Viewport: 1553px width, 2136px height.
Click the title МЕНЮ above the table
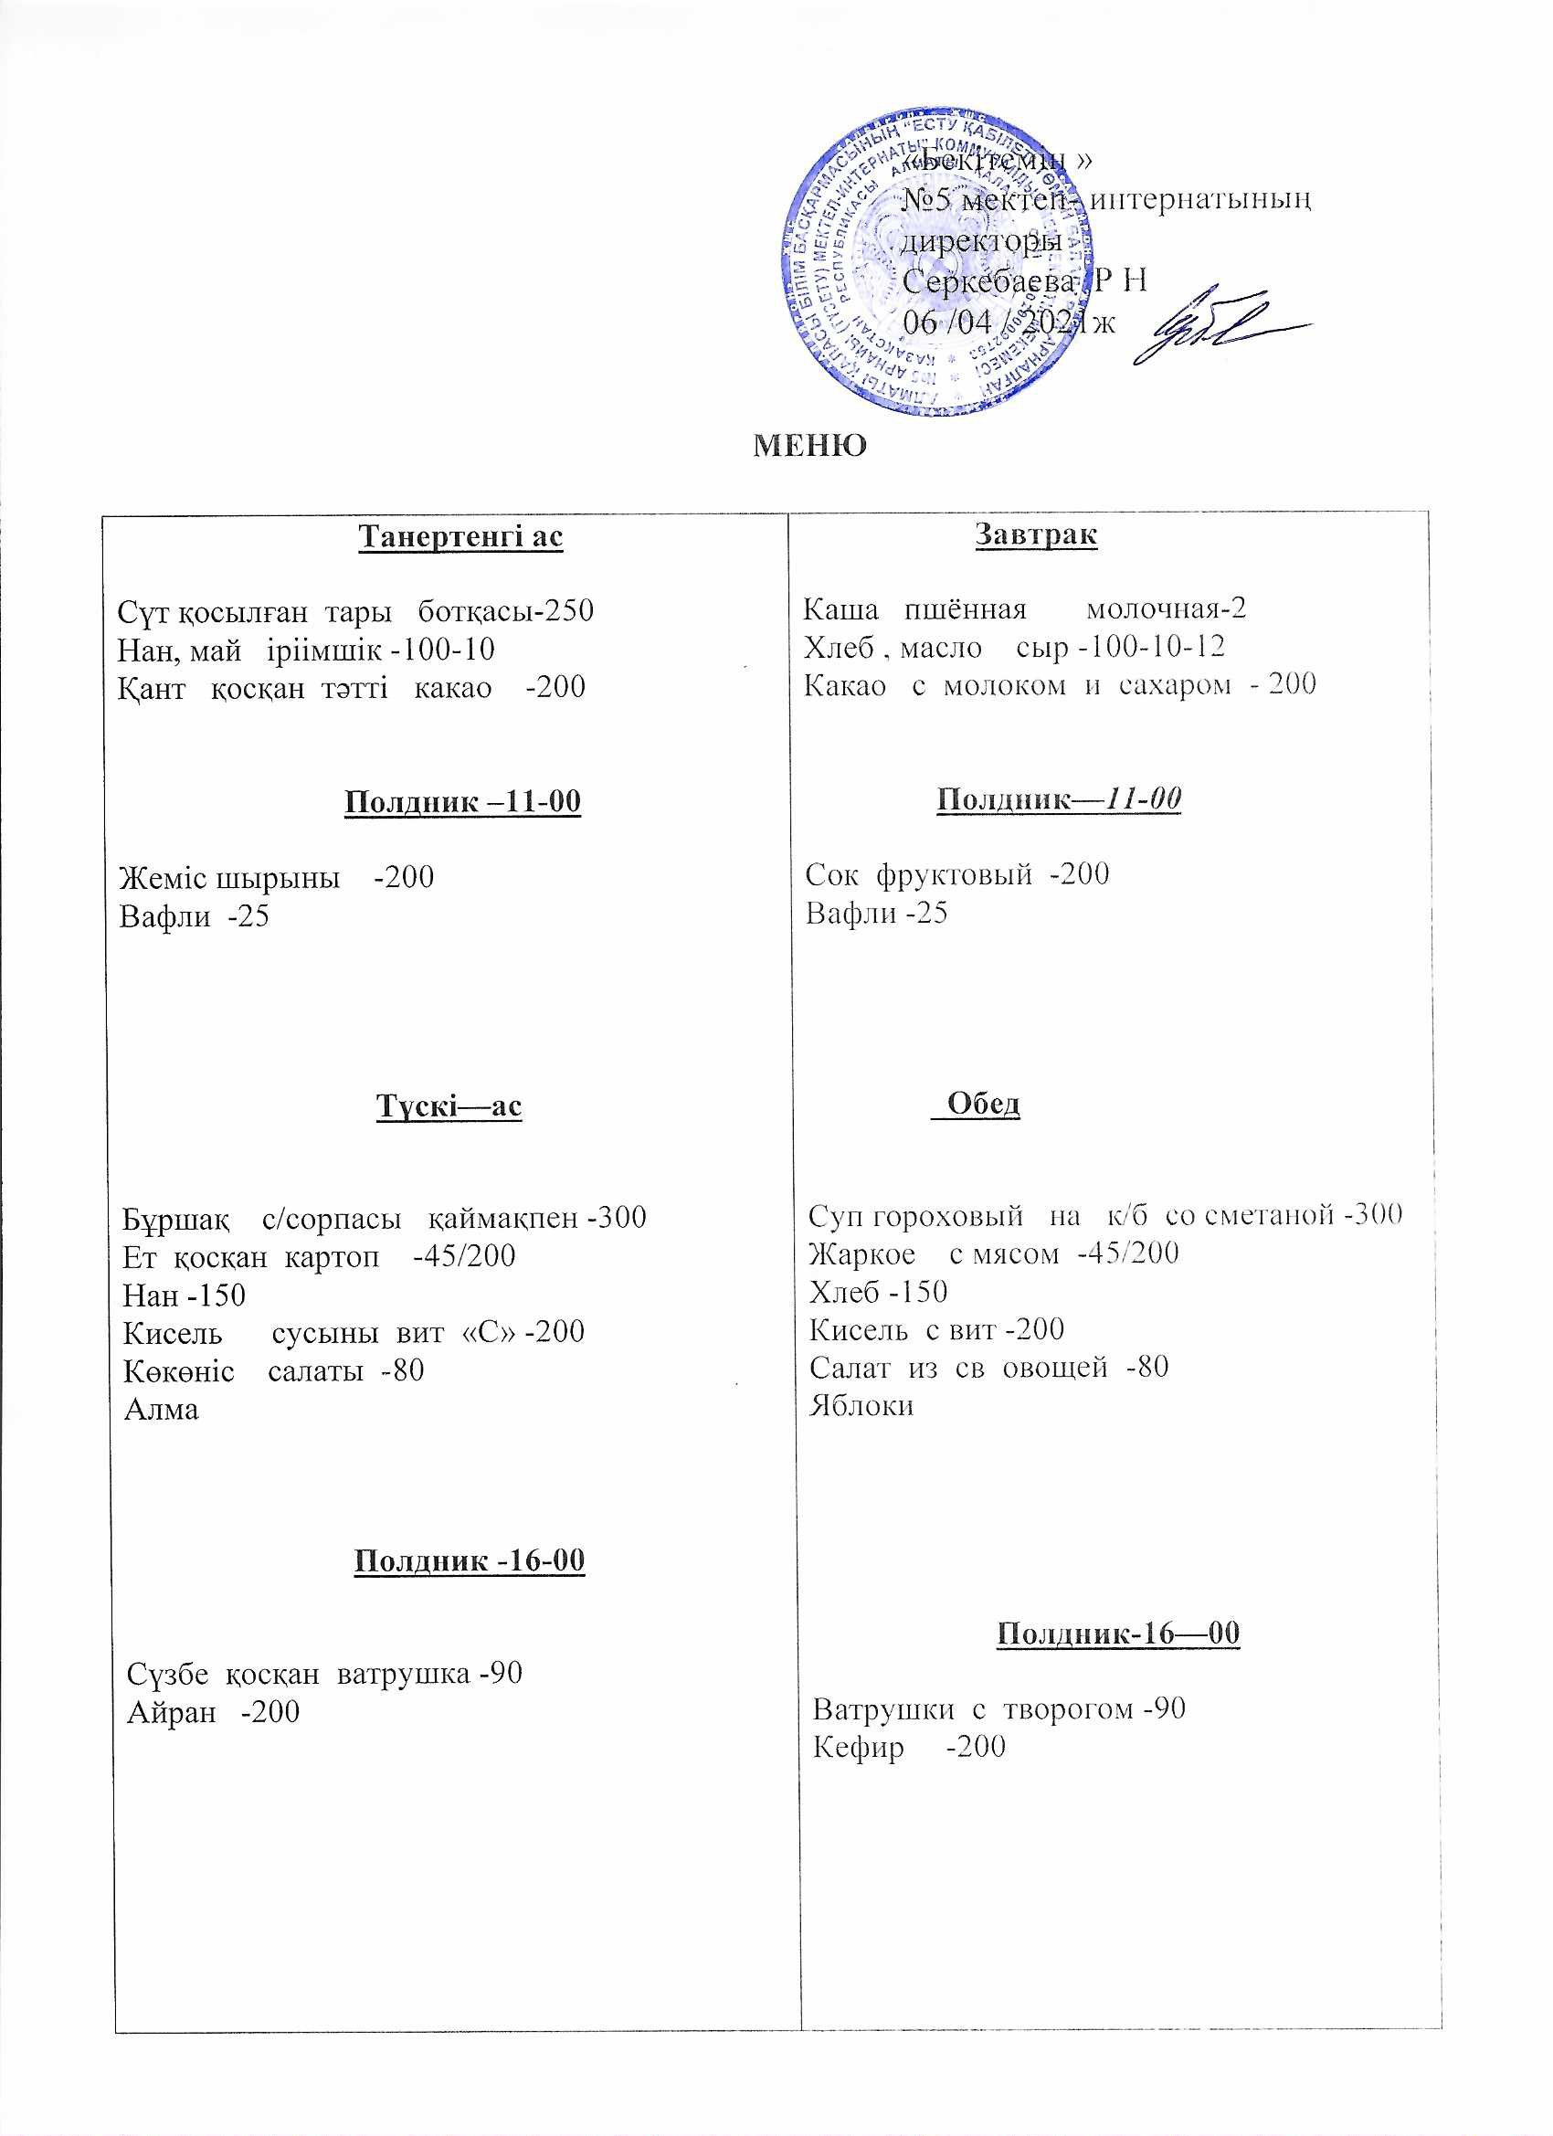click(x=809, y=446)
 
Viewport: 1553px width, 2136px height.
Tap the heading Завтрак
click(x=1035, y=535)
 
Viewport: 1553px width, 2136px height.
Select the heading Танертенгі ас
click(x=460, y=537)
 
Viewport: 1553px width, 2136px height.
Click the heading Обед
click(x=982, y=1103)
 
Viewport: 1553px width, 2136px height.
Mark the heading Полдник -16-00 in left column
click(x=469, y=1560)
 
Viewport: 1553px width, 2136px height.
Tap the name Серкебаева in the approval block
click(x=988, y=280)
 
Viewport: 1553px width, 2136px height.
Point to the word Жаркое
click(x=861, y=1253)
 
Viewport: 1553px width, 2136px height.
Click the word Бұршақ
click(x=175, y=1219)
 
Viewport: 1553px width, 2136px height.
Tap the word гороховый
click(x=947, y=1215)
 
